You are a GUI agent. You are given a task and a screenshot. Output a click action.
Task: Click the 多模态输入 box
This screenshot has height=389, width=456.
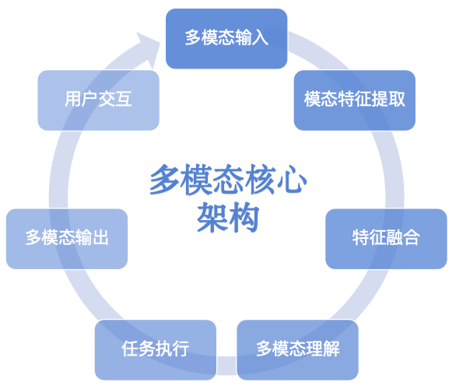pos(226,38)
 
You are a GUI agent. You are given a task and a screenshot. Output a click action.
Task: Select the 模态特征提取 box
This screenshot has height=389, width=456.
pos(354,100)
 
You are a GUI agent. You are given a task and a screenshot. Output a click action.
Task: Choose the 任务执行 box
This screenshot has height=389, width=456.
pos(156,349)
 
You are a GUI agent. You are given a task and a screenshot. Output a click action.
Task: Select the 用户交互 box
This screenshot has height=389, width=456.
pos(98,100)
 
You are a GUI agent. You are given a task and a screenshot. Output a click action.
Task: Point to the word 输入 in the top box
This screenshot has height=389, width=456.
pos(252,38)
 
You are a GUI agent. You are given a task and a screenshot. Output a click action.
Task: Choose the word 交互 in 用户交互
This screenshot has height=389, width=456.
pos(115,100)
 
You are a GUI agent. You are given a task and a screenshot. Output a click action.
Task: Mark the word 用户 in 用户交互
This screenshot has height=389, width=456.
pos(81,100)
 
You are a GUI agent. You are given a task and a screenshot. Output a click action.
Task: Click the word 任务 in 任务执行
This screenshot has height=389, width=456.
pos(139,349)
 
